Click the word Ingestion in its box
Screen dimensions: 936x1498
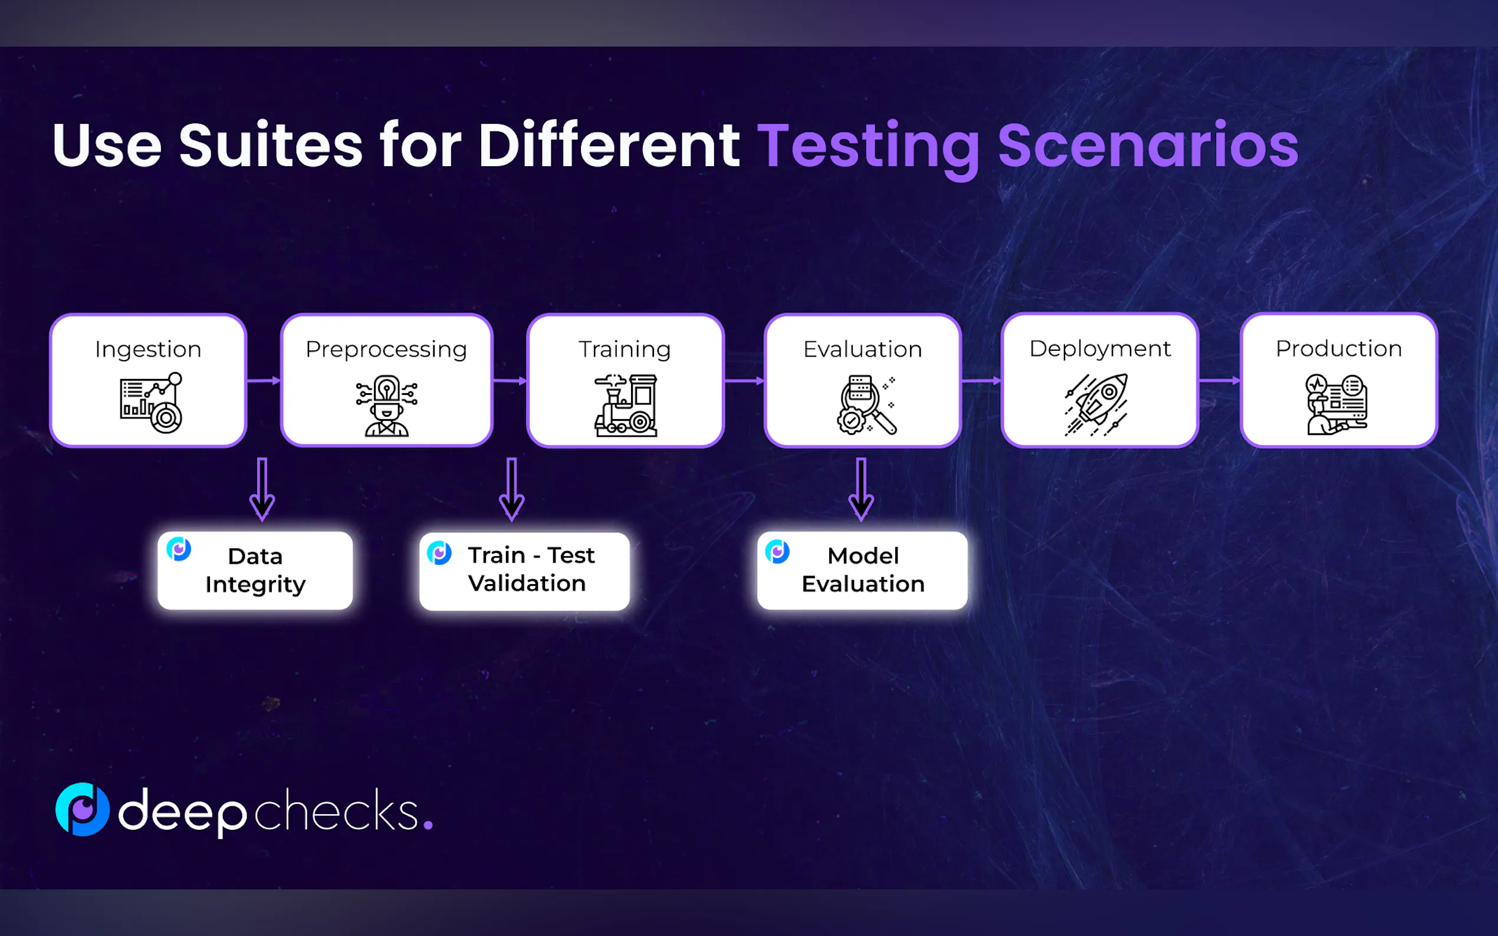pyautogui.click(x=148, y=350)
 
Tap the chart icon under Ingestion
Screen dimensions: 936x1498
pyautogui.click(x=151, y=403)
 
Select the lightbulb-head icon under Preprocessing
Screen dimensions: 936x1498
pyautogui.click(x=386, y=406)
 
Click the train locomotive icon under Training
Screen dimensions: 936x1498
pyautogui.click(x=626, y=406)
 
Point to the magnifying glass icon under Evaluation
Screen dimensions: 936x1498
pyautogui.click(x=866, y=406)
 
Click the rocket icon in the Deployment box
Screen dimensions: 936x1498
pyautogui.click(x=1097, y=405)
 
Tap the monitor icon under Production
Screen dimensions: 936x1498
pyautogui.click(x=1337, y=405)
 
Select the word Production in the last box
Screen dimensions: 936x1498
pyautogui.click(x=1338, y=348)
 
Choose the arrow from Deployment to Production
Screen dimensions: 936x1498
pyautogui.click(x=1219, y=381)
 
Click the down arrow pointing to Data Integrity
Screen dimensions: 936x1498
pyautogui.click(x=262, y=489)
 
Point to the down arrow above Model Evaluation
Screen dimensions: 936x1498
pyautogui.click(x=861, y=489)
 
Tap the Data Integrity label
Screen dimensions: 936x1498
pyautogui.click(x=255, y=570)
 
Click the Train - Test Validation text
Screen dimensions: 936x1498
pyautogui.click(x=531, y=569)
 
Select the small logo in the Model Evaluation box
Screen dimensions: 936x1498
pyautogui.click(x=777, y=552)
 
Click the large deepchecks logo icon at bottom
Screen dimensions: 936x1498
pyautogui.click(x=83, y=810)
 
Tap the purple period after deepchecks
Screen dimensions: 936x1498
pyautogui.click(x=428, y=825)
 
